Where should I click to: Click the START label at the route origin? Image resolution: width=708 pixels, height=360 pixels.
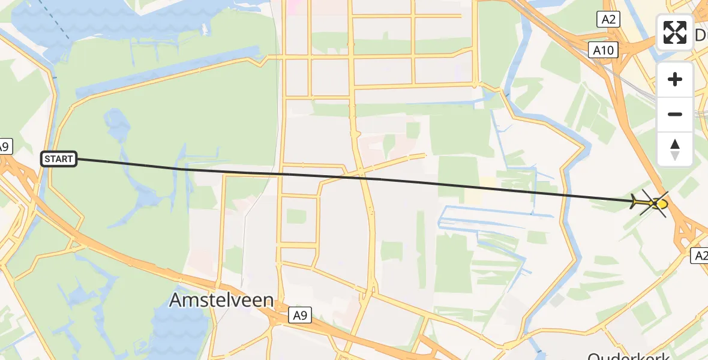coord(59,159)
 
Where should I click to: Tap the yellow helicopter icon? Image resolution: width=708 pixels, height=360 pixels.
coord(650,204)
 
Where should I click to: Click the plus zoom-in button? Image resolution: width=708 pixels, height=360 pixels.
coord(675,79)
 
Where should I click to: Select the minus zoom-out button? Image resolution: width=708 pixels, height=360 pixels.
coord(675,114)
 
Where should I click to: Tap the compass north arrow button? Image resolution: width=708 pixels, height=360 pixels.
coord(675,149)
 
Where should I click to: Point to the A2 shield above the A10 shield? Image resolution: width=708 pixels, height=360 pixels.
coord(608,20)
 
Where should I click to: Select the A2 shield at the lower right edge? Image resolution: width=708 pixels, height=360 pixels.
coord(700,256)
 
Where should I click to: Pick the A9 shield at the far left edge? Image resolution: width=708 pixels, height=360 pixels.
coord(4,146)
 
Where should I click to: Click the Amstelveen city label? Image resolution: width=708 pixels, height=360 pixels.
coord(221,299)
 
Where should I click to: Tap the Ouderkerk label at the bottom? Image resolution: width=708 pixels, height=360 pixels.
coord(624,355)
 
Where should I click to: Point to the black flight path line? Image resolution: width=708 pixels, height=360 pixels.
coord(360,178)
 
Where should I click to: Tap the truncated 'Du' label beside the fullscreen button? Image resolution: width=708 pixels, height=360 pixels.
coord(701,36)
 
